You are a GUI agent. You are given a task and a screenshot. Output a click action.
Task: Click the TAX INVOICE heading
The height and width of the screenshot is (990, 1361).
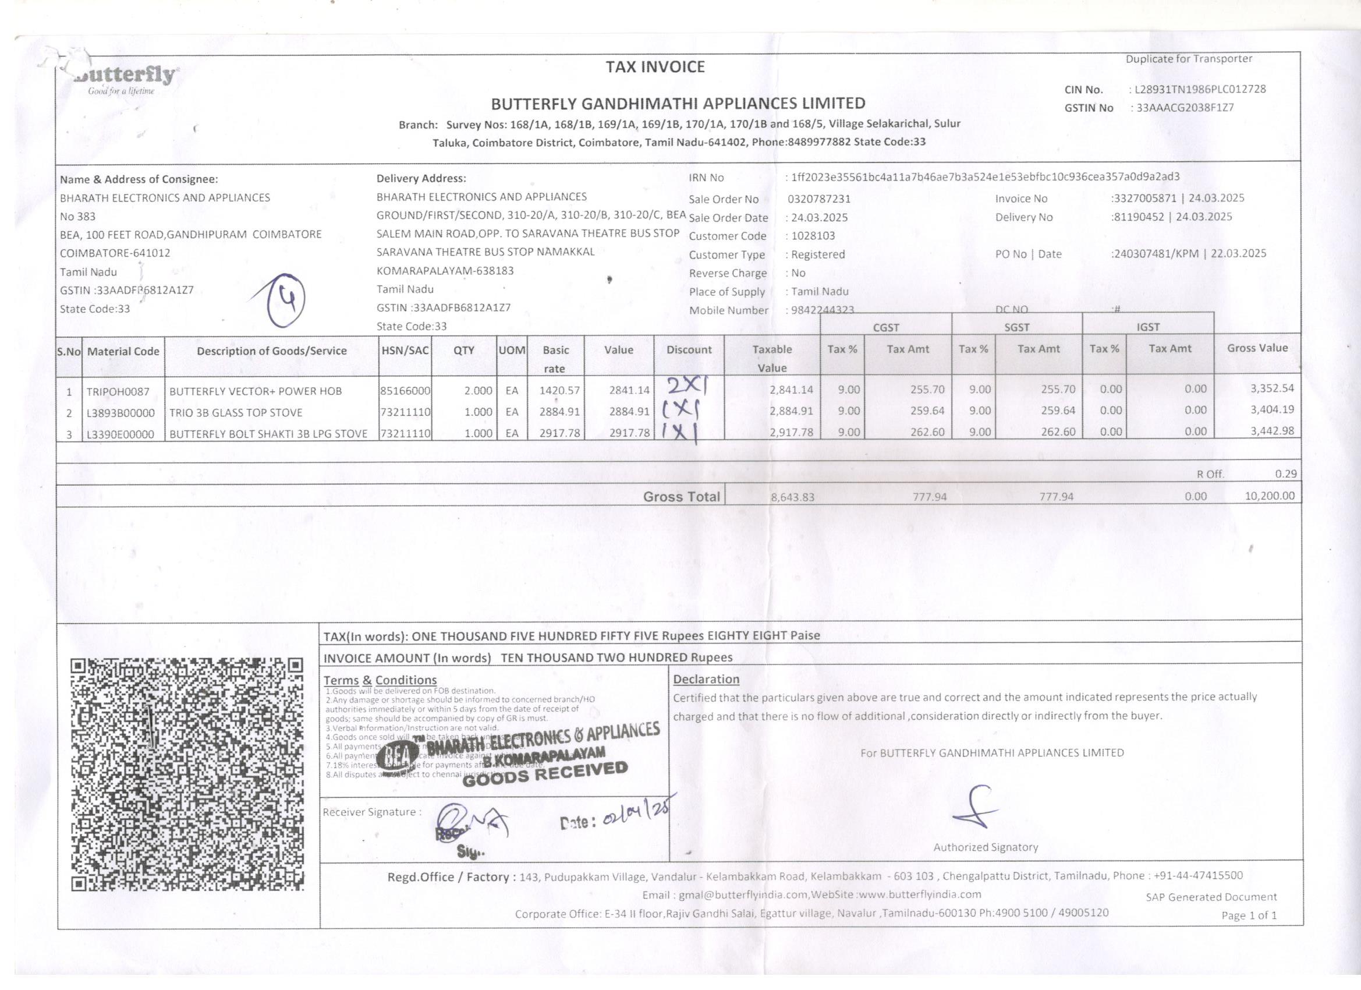pos(655,66)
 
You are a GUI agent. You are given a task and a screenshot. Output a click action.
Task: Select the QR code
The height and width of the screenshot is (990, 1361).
pos(187,774)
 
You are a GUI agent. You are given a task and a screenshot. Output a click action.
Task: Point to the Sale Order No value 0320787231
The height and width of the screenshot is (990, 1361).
pos(819,199)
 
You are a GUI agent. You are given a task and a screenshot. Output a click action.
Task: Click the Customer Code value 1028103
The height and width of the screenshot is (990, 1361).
pos(813,236)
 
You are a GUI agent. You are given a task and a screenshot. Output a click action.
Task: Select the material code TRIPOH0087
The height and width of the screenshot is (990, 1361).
pos(118,391)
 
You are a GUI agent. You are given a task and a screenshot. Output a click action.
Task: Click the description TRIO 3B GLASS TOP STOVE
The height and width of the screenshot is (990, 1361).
pos(235,412)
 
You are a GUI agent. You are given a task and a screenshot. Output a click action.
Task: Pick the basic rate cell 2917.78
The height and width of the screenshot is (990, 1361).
pos(559,433)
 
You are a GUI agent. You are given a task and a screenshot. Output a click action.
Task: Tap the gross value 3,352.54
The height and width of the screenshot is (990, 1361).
pos(1272,388)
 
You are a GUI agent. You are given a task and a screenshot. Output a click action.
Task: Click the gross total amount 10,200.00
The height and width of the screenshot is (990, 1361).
pos(1270,496)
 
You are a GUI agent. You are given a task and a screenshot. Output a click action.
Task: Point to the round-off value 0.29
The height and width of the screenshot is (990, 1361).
pos(1285,473)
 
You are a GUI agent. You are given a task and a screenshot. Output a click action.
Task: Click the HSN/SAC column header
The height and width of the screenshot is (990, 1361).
pos(405,350)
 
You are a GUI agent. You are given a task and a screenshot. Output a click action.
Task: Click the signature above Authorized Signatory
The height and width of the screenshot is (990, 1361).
pos(974,808)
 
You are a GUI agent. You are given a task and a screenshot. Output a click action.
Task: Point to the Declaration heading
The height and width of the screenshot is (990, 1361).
pos(706,679)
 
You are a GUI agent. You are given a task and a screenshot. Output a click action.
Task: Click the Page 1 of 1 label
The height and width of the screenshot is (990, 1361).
pos(1249,915)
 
